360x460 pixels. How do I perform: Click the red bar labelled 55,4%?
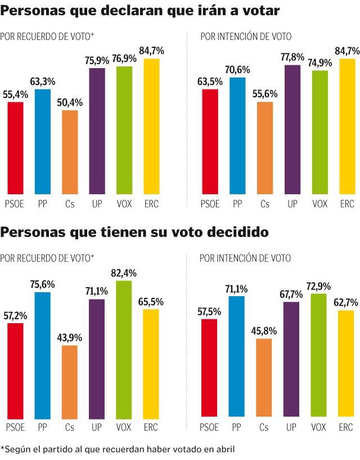pos(15,148)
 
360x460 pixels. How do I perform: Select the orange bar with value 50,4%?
pos(70,152)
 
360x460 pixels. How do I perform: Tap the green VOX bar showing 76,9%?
pos(124,130)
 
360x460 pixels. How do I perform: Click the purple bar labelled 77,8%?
pos(292,129)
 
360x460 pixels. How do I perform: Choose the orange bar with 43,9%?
pos(70,383)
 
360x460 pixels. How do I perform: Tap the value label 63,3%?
pos(43,83)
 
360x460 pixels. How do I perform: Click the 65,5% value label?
pos(152,302)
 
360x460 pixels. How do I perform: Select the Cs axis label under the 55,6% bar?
pos(264,204)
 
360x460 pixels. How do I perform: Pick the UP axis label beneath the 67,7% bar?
pos(292,428)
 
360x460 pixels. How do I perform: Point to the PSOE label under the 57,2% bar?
pos(15,428)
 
